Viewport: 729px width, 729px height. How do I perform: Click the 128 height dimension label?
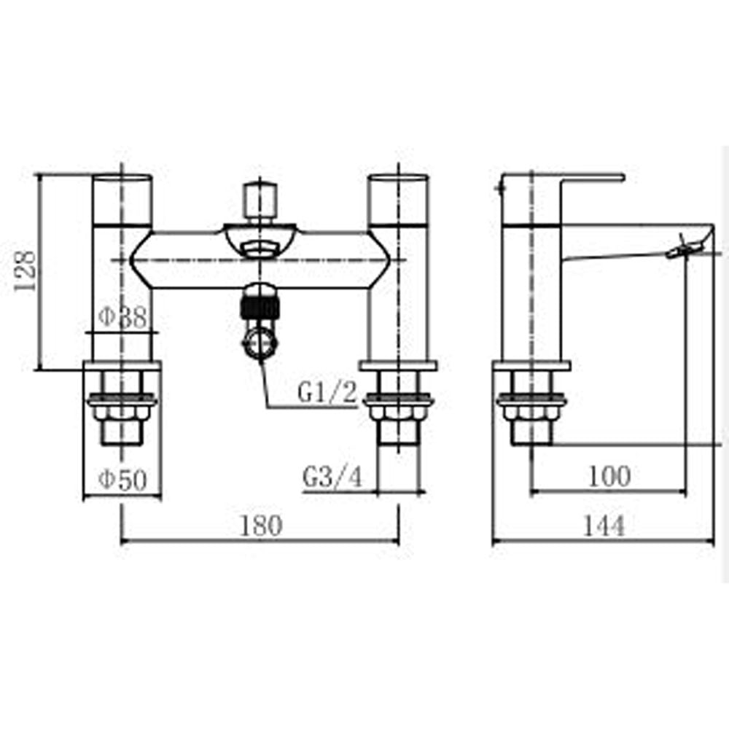pyautogui.click(x=26, y=271)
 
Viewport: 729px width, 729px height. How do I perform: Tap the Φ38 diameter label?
pyautogui.click(x=123, y=317)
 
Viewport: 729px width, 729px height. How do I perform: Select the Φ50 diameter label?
pyautogui.click(x=122, y=479)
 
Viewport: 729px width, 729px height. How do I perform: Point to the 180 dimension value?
pyautogui.click(x=259, y=525)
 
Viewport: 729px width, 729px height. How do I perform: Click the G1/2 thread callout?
pyautogui.click(x=327, y=394)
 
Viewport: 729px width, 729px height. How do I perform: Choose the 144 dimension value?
pyautogui.click(x=603, y=525)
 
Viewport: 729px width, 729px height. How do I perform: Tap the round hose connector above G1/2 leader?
pyautogui.click(x=260, y=342)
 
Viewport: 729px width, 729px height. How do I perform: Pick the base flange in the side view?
pyautogui.click(x=531, y=366)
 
